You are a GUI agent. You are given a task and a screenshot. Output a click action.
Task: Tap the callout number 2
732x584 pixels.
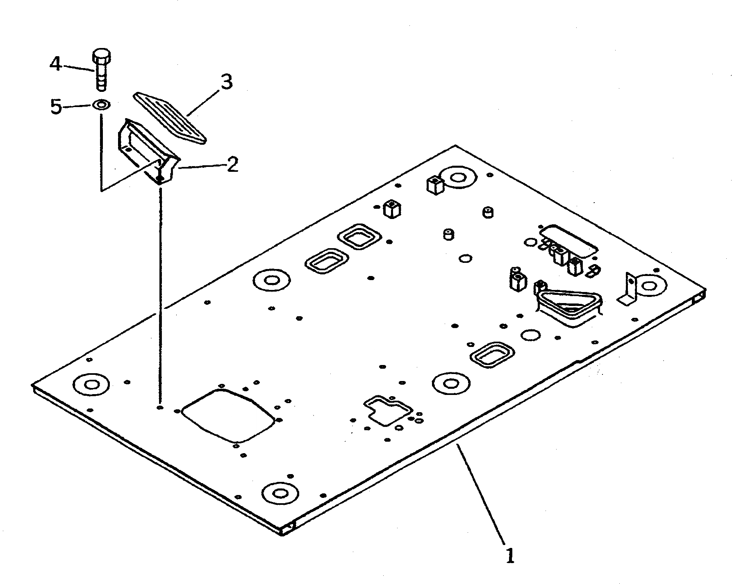[x=232, y=165]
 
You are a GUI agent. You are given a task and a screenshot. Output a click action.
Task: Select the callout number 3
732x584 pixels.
[x=226, y=82]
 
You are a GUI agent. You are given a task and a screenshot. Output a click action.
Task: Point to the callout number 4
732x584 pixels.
[x=56, y=64]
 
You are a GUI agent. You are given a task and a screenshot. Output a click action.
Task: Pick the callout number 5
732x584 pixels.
[x=56, y=107]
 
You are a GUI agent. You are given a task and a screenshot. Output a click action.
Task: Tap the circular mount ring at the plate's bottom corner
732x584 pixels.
[x=280, y=492]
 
